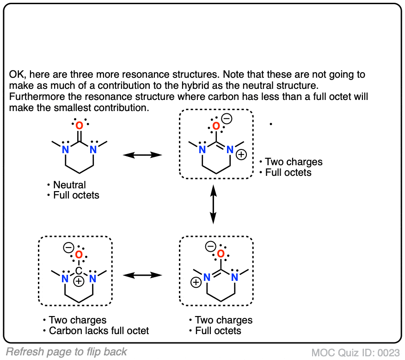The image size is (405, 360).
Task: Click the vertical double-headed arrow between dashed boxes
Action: pos(213,203)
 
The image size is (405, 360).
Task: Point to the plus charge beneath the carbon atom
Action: pos(79,281)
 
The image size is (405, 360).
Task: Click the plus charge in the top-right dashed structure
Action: pos(241,155)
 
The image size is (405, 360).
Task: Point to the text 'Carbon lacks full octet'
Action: pos(99,331)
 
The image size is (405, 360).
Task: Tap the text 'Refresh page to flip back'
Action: pos(67,352)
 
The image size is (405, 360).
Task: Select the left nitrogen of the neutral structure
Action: pos(66,149)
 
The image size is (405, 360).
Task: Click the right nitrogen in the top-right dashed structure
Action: pos(230,149)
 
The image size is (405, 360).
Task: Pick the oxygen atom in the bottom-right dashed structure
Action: pos(221,254)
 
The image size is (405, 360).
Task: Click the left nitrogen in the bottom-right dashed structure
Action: pos(207,278)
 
